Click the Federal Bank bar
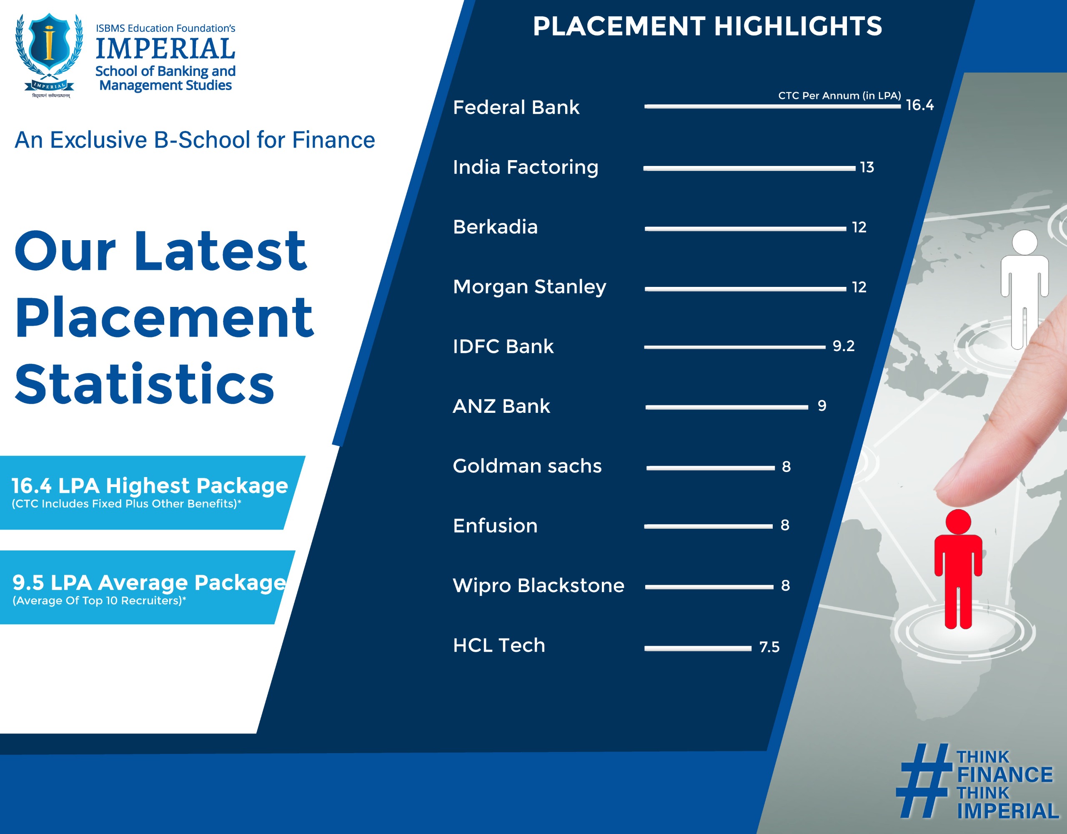[x=772, y=106]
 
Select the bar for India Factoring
[x=749, y=168]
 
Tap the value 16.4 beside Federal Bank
[x=919, y=105]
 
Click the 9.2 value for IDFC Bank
[x=844, y=346]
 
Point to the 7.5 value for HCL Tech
[x=769, y=647]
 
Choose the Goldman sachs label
[x=527, y=466]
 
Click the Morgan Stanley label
[x=530, y=287]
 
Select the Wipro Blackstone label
[x=539, y=585]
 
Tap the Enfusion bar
[x=709, y=527]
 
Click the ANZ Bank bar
[x=726, y=407]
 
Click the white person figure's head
[x=1024, y=242]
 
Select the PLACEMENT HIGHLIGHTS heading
[x=707, y=26]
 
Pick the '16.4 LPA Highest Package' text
[x=150, y=485]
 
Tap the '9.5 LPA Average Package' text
[x=149, y=583]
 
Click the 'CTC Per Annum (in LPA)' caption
[x=839, y=95]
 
